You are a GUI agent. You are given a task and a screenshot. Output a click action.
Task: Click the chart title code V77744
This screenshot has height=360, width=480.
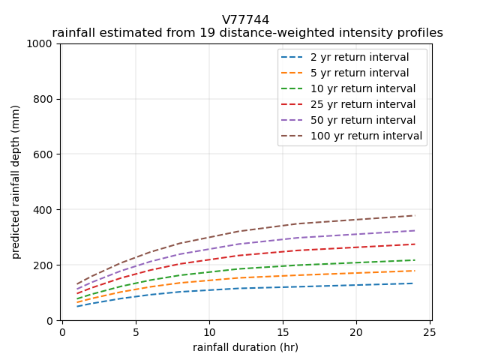(245, 20)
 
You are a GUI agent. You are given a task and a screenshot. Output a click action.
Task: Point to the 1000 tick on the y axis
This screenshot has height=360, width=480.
(43, 43)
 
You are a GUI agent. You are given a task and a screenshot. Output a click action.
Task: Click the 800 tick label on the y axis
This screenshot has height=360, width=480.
(46, 99)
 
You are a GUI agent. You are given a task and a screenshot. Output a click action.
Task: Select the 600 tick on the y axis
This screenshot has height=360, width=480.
(46, 154)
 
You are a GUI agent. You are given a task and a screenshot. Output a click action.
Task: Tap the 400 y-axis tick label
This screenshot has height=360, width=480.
(46, 210)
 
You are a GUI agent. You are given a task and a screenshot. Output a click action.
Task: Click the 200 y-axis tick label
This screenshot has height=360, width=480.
(46, 265)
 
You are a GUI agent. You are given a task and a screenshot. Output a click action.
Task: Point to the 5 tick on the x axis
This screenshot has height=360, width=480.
(136, 332)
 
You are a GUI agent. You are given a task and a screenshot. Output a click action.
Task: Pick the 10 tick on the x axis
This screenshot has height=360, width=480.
(209, 332)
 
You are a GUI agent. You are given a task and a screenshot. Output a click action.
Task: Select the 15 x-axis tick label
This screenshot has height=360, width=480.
(283, 332)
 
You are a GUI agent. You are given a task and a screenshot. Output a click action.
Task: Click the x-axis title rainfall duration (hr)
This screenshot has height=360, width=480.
(245, 347)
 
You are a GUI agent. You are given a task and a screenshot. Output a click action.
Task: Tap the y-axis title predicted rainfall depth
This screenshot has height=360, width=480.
(16, 182)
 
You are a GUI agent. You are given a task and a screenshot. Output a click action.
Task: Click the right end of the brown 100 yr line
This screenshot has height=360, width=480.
(415, 215)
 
